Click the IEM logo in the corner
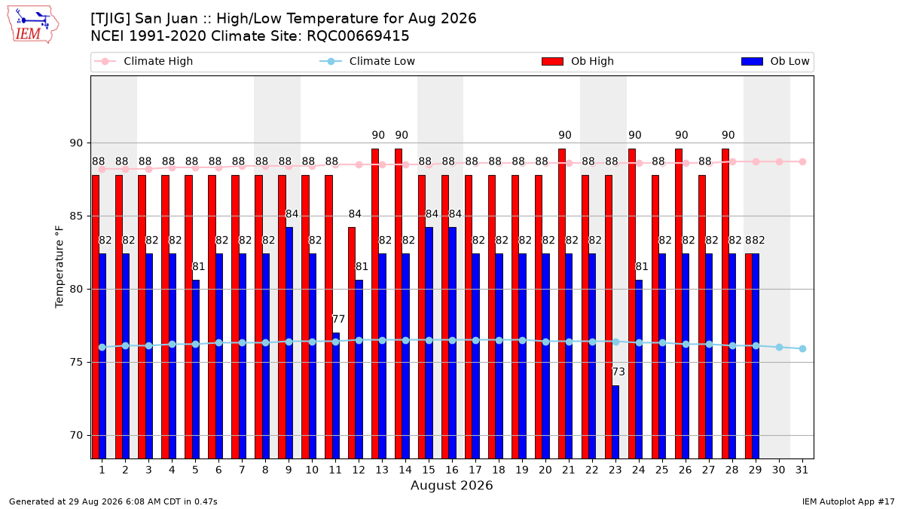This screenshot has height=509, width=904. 33,25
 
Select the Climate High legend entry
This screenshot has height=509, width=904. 143,61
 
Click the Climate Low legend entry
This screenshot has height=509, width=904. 368,61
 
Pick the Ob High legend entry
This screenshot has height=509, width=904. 578,61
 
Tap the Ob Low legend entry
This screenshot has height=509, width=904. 775,61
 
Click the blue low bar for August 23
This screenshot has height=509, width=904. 615,422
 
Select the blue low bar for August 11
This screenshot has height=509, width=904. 336,396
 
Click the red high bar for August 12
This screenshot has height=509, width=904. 352,343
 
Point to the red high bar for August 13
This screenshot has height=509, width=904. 375,304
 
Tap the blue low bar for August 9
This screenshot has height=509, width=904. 289,343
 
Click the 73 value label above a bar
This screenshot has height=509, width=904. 618,372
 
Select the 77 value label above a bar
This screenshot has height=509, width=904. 338,319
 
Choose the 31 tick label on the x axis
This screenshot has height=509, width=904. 802,471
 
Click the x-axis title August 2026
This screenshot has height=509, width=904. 452,485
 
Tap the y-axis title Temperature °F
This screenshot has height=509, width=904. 60,267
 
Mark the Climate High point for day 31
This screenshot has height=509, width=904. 803,161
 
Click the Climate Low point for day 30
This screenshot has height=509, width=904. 779,348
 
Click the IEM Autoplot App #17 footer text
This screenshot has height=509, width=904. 848,501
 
